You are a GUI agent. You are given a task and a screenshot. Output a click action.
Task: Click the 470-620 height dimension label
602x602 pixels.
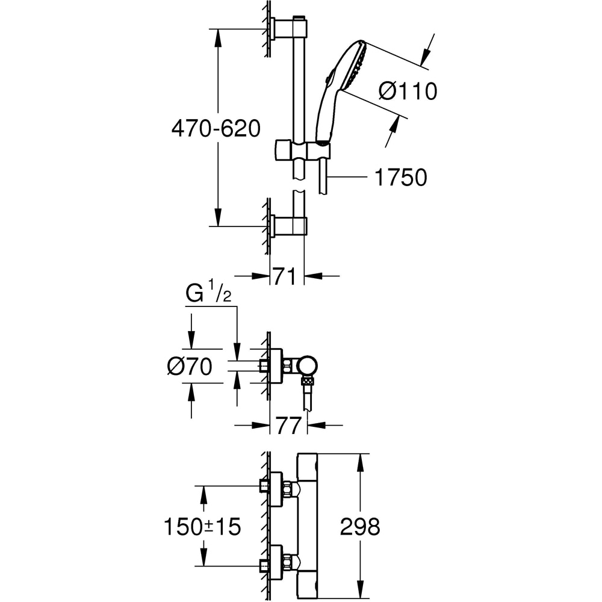pos(216,128)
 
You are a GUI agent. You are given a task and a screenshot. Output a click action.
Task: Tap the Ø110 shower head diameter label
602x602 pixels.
pos(408,92)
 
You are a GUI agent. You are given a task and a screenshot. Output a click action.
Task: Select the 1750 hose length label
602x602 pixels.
pos(400,178)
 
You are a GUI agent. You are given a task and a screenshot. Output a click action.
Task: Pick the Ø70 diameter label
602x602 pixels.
pos(190,366)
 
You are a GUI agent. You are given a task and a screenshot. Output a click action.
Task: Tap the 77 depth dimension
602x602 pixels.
pos(288,426)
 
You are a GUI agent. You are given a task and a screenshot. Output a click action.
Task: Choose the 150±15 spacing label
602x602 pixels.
pos(202,527)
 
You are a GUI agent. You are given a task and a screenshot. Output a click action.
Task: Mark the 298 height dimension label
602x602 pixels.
pos(360,527)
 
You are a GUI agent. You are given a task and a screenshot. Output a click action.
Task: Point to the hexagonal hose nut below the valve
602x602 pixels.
pos(308,380)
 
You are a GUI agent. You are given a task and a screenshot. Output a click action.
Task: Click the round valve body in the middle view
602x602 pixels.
pos(308,364)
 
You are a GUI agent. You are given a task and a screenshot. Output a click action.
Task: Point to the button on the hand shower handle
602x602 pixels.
pos(328,77)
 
